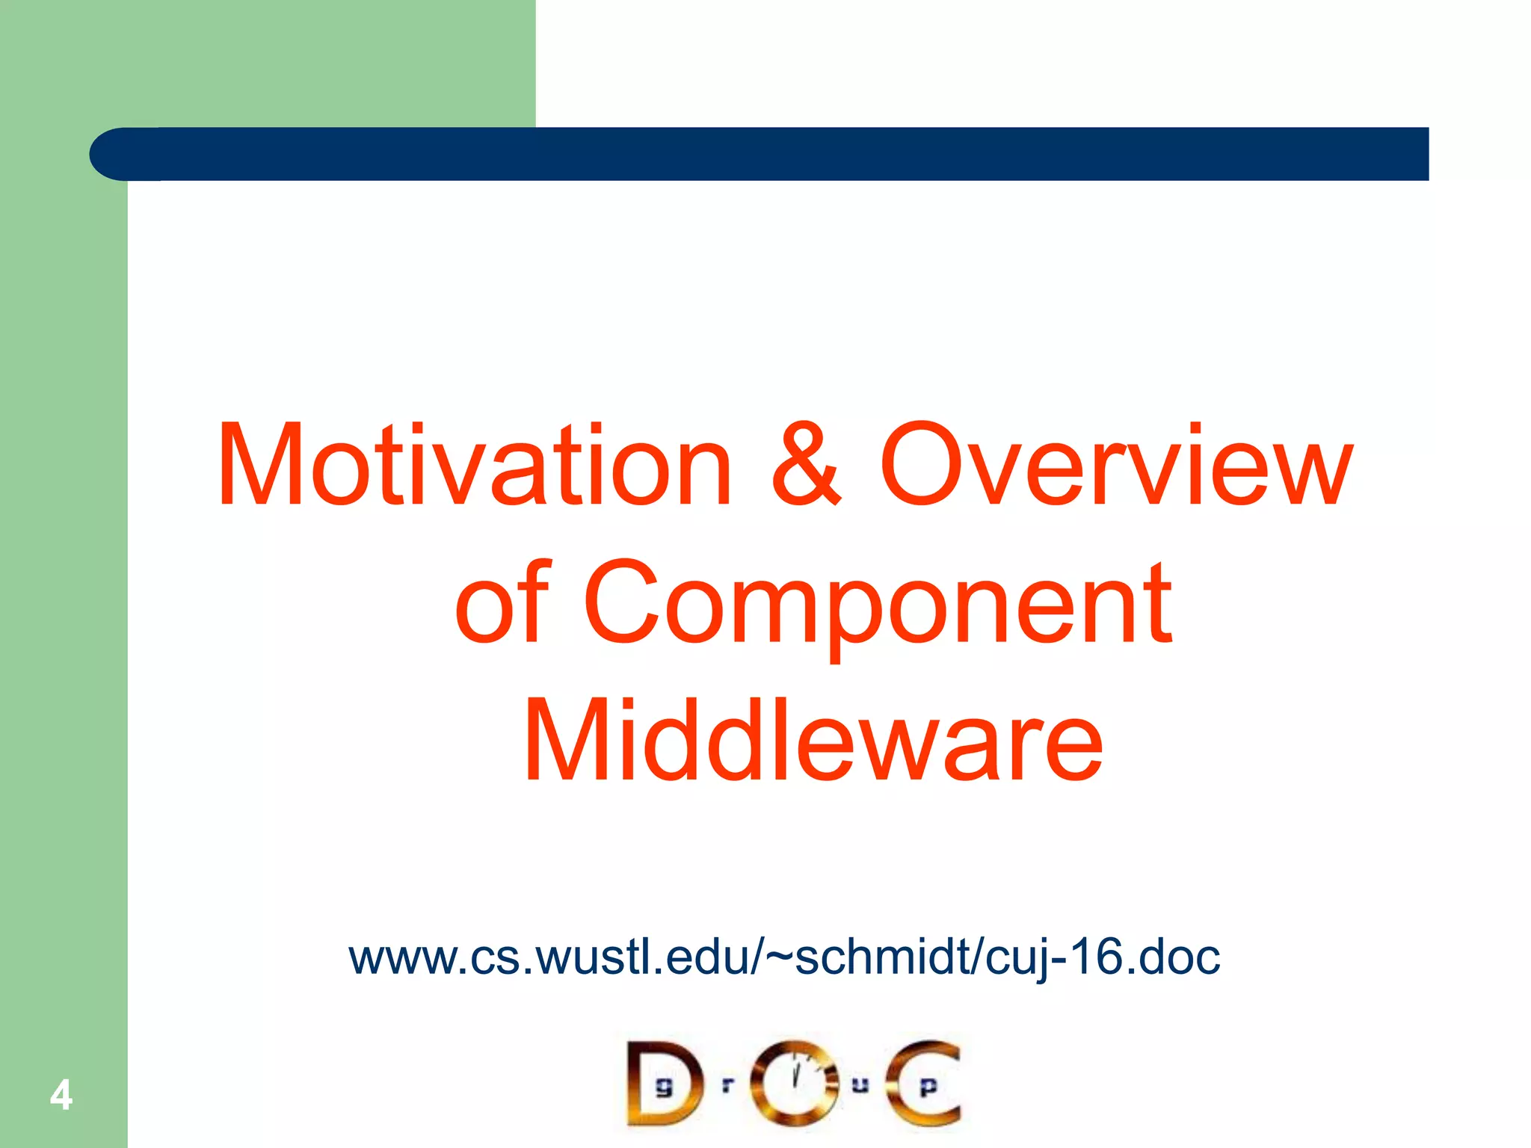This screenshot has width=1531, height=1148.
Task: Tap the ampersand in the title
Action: tap(806, 465)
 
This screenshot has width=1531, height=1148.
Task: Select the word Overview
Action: tap(1115, 465)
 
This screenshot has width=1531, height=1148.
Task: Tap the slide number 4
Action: tap(61, 1096)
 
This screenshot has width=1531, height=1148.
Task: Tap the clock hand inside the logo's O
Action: tap(795, 1075)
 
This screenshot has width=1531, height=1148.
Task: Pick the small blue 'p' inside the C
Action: tap(928, 1087)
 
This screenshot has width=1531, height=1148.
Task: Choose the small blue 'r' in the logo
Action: tap(727, 1084)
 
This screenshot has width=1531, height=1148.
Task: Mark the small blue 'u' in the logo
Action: tap(860, 1084)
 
